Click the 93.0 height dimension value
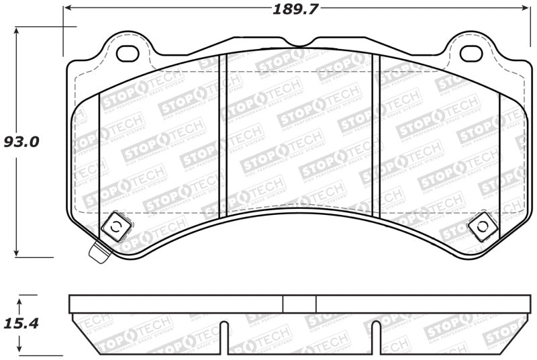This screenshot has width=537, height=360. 22,142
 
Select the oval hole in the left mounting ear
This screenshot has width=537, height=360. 126,52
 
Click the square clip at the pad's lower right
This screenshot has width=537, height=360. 480,228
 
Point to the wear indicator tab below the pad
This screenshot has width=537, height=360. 99,253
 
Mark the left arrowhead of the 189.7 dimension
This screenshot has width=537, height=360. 67,9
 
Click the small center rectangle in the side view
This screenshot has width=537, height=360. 299,304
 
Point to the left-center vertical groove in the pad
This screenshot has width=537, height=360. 224,134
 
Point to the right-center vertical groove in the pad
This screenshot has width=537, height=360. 377,134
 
